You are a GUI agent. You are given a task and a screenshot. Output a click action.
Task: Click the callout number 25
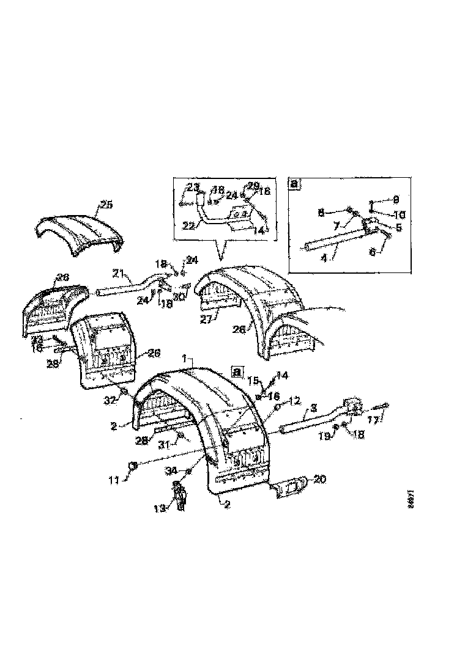click(106, 205)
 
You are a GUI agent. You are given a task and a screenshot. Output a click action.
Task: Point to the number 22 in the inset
click(189, 225)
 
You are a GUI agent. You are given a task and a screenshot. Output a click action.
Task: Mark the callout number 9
click(396, 199)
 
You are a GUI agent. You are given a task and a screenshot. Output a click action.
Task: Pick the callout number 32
click(110, 401)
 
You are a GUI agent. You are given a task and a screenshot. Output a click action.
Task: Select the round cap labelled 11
click(132, 468)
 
